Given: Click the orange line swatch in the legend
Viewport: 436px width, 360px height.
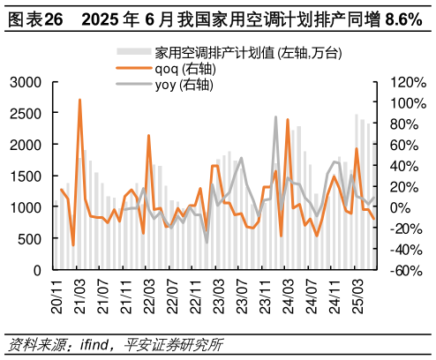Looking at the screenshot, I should tap(133, 69).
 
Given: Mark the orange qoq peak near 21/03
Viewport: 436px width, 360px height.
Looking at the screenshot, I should tap(79, 100).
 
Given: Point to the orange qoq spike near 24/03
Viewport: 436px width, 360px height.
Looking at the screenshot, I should tap(288, 119).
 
